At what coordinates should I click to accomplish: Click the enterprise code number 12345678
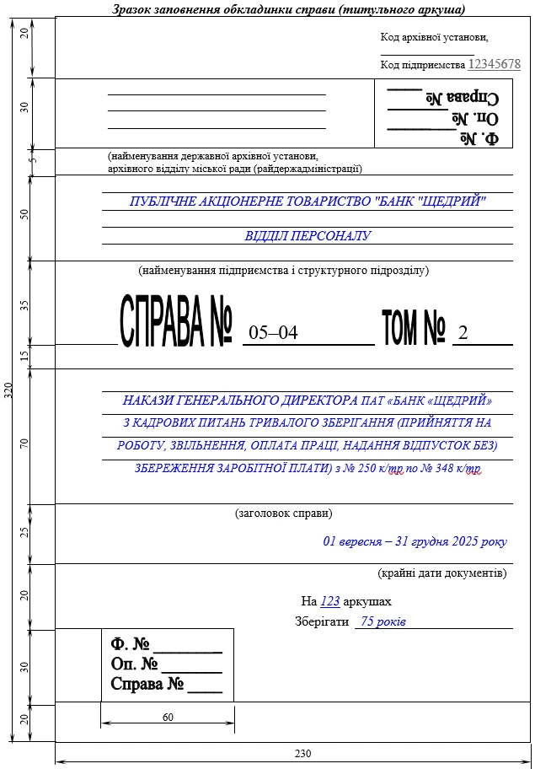coord(494,64)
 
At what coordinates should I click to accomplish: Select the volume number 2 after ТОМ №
coord(462,333)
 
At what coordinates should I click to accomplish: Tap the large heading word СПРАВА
coord(162,322)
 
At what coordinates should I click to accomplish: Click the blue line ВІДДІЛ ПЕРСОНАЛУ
coord(308,236)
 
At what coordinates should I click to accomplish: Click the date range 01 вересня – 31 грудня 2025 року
coord(415,541)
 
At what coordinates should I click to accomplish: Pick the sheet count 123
coord(330,601)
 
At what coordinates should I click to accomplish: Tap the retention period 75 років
coord(383,621)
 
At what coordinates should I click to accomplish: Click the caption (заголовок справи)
coord(283,513)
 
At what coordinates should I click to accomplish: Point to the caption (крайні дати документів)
coord(442,573)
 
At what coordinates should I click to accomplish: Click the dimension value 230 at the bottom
coord(302,754)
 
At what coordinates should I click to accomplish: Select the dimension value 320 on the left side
coord(8,391)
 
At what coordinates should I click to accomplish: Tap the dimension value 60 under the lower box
coord(167,717)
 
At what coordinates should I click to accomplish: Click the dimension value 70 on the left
coord(24,444)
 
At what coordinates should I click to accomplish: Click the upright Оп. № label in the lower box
coord(134,664)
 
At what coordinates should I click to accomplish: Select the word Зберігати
coord(322,621)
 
